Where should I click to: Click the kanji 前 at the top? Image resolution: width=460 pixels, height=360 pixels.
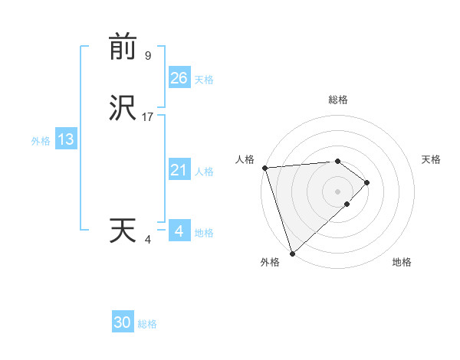point(123,47)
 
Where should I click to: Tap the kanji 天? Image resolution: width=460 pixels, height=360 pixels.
point(123,231)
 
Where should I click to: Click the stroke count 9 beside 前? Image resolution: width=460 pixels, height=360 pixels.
point(148,55)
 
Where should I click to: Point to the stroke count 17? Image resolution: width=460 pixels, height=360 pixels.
point(148,117)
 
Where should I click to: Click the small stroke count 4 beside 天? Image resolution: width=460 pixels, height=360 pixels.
point(148,240)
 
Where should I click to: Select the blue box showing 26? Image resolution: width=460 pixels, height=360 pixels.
point(179,77)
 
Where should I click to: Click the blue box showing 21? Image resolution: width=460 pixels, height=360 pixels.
point(179,170)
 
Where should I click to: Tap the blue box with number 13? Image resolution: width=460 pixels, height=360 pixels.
point(65,139)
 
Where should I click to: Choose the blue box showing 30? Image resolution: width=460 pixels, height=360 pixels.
point(123,322)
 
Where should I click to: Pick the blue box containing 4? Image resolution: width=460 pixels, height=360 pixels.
point(179,231)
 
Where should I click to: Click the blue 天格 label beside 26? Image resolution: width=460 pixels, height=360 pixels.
point(204,79)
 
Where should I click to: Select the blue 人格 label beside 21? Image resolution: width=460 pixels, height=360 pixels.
point(204,172)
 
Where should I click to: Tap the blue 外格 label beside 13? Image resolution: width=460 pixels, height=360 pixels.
point(41,141)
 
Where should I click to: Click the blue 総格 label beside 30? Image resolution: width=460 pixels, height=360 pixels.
point(147,324)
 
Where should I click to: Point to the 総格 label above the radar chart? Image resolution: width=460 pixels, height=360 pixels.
point(338,100)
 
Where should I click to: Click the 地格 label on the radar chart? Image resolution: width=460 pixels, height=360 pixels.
point(402,263)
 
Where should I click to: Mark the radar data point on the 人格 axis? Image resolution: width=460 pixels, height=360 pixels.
point(264,168)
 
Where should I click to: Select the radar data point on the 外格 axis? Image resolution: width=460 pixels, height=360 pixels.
point(292,253)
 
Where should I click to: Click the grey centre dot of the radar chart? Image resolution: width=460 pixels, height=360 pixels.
point(338,190)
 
